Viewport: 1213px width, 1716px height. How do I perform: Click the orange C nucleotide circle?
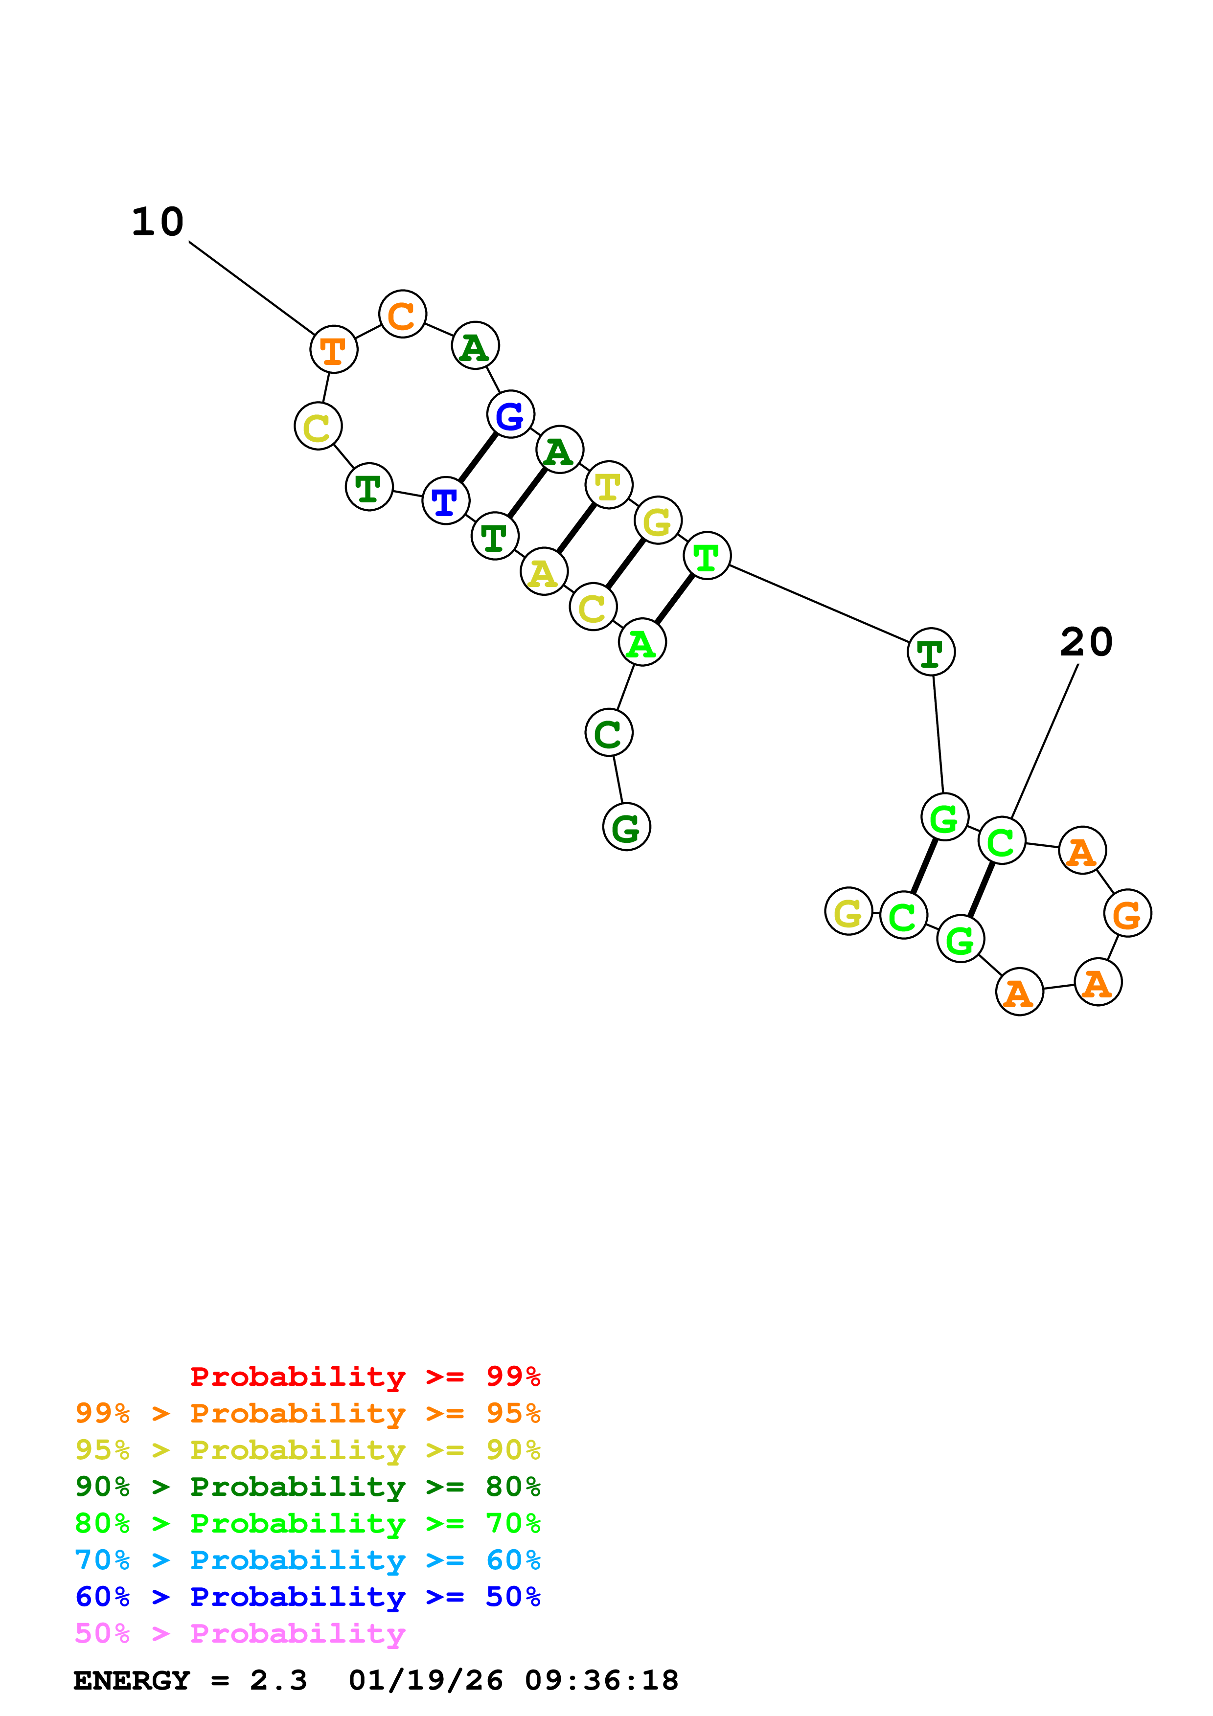[402, 314]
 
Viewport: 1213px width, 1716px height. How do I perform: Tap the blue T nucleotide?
[445, 501]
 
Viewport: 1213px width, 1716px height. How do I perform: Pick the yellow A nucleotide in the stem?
[543, 572]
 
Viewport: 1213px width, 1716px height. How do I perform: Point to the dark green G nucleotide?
[626, 827]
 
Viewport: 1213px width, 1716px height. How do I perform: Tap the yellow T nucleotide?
[609, 485]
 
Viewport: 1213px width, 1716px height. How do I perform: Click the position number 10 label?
[158, 222]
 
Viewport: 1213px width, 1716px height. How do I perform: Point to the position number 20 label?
[1086, 642]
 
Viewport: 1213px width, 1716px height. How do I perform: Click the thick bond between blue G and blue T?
[478, 457]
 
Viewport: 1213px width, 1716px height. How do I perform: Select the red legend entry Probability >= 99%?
[365, 1376]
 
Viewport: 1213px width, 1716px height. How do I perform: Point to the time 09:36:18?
[602, 1680]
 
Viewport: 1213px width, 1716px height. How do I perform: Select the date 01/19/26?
[426, 1680]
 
